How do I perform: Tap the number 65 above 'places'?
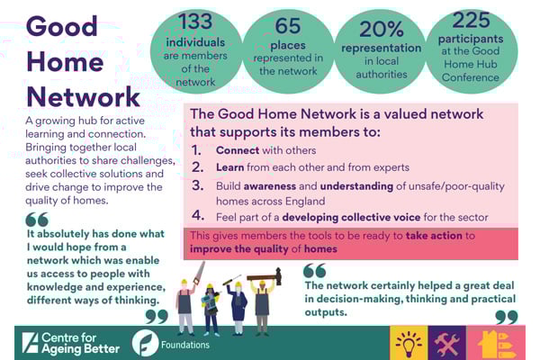coord(288,25)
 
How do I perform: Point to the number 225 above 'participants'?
coord(472,21)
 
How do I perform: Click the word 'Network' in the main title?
coord(83,96)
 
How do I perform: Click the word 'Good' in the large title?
coord(61,26)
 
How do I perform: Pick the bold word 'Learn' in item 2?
coord(230,167)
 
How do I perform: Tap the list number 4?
coord(198,216)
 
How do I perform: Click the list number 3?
coord(198,186)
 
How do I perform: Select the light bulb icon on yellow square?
coord(409,342)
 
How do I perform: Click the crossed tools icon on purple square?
coord(446,342)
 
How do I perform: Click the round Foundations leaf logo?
coord(146,343)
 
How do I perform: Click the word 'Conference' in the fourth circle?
coord(471,77)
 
